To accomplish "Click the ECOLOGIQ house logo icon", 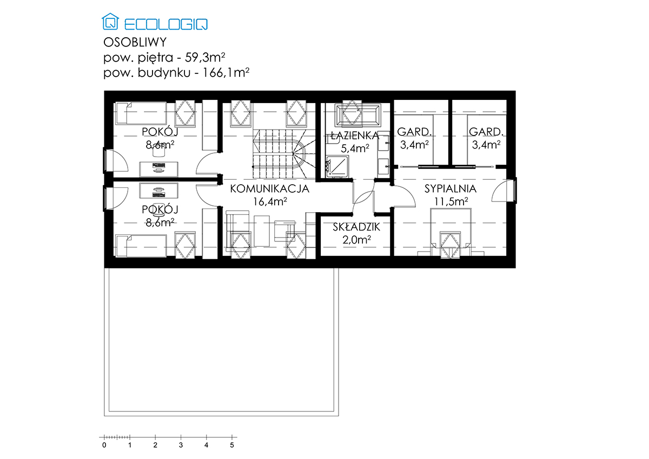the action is tap(110, 22).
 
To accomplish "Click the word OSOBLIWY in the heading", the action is tap(135, 43).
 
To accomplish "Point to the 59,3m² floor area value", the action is tap(205, 58).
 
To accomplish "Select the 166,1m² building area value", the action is tap(226, 72).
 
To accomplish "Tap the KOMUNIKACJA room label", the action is tap(270, 188).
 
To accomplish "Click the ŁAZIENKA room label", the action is tap(355, 136).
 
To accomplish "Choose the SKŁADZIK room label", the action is tap(356, 227).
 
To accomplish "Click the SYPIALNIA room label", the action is tap(451, 188).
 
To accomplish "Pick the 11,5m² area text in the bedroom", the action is tap(451, 201).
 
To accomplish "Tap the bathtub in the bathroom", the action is tap(358, 116).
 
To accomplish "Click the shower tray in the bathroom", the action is tap(337, 167).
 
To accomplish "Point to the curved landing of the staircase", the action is tap(299, 154).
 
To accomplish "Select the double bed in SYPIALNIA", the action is tap(451, 232).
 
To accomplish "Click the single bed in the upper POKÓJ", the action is tap(141, 113).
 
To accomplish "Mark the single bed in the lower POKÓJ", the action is tap(141, 246).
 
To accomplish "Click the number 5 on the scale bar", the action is tap(232, 445).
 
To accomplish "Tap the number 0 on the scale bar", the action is tap(104, 445).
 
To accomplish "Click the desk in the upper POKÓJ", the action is tap(159, 169).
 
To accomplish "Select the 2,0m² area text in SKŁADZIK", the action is tap(356, 240).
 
